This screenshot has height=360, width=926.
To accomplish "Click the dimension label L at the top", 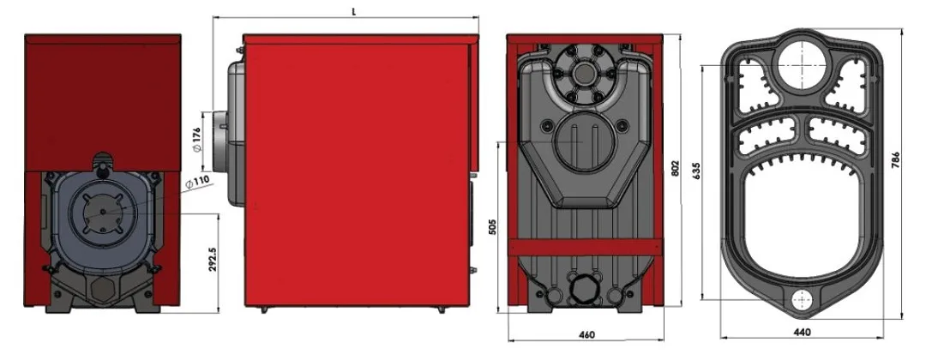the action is coord(353,11).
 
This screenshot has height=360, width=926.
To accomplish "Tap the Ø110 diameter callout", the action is coord(197,183).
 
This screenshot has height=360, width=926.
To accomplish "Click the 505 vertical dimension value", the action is coord(492,226).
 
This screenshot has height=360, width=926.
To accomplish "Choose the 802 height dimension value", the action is coord(675,169).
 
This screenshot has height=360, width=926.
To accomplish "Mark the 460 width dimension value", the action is coord(586,334).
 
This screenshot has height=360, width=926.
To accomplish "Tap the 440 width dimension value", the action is coord(802,333).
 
